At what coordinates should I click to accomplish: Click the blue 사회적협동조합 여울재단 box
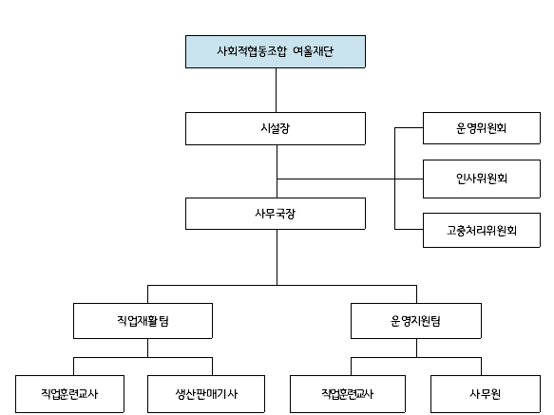276,51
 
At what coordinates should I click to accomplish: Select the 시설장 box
276,128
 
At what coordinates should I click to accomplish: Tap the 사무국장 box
276,214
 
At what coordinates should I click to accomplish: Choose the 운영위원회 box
482,128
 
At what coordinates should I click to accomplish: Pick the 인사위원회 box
482,179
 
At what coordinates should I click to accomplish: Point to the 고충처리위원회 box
482,230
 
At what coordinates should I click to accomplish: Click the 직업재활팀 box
143,321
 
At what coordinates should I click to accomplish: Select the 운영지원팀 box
416,321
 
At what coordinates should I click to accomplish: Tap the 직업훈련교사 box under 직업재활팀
69,394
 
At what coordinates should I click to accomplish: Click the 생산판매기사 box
206,394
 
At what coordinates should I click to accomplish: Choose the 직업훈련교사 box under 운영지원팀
348,394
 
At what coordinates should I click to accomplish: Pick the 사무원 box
486,394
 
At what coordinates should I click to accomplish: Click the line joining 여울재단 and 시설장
276,90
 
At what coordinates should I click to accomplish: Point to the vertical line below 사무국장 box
277,257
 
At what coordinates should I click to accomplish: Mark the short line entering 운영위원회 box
409,128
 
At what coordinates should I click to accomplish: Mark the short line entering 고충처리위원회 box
409,229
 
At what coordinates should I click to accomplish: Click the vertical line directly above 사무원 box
481,367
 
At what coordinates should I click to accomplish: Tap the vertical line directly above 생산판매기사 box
212,367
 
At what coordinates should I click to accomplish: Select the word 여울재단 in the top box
313,51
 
